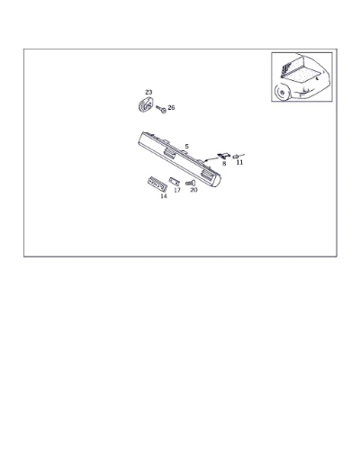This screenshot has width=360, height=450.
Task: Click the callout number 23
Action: point(148,92)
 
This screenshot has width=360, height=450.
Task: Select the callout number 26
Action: point(171,107)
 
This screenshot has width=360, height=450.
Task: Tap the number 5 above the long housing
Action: point(187,147)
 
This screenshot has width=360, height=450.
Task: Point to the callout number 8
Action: point(224,164)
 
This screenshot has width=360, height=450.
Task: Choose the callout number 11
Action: point(239,162)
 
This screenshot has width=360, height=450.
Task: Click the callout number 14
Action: point(164,196)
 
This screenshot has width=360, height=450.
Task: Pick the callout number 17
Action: point(177,190)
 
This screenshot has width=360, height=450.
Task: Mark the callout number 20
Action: point(193,190)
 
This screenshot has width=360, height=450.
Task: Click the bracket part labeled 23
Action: point(146,104)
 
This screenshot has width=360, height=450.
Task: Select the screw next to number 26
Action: point(161,109)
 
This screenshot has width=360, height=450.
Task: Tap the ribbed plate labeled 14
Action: point(157,184)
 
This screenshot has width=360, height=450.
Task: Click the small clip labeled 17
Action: point(174,181)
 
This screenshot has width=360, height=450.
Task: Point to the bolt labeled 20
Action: point(190,183)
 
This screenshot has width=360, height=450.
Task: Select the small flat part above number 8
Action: point(223,156)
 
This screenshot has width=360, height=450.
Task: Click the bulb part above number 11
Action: point(237,156)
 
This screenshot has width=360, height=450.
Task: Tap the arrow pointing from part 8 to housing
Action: point(211,159)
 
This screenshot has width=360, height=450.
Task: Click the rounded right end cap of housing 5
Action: point(215,179)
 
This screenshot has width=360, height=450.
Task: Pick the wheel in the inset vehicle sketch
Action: point(282,92)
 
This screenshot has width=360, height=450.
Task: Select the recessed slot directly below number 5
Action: point(170,153)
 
